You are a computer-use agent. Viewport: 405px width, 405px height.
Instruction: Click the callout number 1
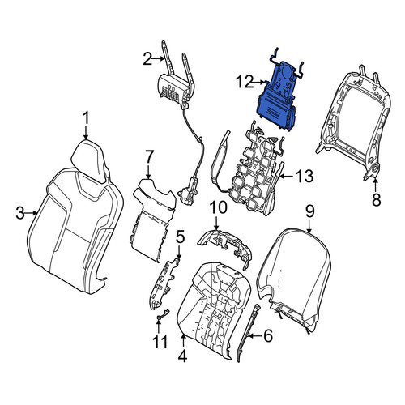point(86,118)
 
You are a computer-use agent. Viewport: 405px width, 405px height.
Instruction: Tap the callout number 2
point(148,59)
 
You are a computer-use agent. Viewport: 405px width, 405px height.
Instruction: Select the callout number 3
point(20,213)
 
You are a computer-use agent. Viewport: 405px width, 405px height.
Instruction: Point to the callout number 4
point(183,356)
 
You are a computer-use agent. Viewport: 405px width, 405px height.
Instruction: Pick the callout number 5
point(180,237)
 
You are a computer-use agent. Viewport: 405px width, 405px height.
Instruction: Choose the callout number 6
point(267,336)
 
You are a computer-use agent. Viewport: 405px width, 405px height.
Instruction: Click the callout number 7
point(149,157)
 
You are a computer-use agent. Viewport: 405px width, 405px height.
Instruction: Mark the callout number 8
point(376,200)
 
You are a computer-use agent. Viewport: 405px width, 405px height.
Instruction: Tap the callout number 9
point(309,211)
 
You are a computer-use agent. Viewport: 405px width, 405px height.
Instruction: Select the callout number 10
point(219,208)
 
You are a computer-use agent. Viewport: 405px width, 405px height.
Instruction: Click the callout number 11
point(160,342)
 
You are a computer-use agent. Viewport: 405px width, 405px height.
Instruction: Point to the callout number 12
point(245,82)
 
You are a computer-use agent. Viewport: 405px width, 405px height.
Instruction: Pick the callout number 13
point(305,177)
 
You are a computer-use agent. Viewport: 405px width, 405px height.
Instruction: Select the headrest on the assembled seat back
point(88,160)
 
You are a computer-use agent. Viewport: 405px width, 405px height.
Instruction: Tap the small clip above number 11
point(163,314)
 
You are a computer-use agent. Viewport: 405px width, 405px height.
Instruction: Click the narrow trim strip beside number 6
point(247,333)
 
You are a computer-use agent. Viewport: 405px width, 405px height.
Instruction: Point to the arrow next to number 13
point(287,177)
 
